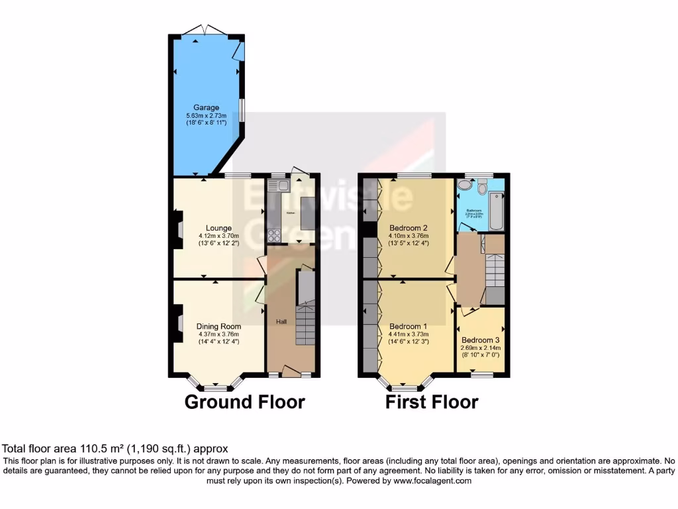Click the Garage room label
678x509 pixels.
click(x=206, y=107)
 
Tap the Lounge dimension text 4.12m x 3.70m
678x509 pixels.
click(x=218, y=235)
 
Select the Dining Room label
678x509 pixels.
click(x=218, y=326)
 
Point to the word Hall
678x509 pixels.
click(x=281, y=321)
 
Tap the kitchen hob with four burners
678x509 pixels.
click(x=273, y=233)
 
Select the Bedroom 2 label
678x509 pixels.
click(x=409, y=227)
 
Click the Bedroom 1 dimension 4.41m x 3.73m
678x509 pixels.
click(x=409, y=335)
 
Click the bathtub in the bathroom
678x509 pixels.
click(x=496, y=201)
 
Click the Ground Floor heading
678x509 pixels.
click(x=244, y=402)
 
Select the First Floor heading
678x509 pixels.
click(x=432, y=402)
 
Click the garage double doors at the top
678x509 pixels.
click(x=205, y=30)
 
